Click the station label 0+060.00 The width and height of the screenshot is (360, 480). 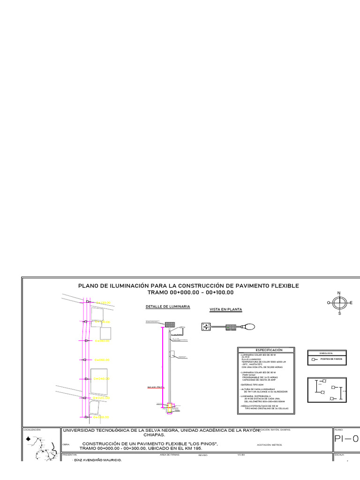[102, 360]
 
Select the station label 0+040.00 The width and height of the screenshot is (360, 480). [101, 379]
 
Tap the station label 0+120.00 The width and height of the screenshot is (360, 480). [104, 303]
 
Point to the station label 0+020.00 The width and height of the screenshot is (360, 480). [101, 398]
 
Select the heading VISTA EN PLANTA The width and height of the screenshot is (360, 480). [225, 310]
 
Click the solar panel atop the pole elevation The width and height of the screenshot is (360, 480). [170, 324]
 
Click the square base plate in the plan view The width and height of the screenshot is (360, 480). [206, 327]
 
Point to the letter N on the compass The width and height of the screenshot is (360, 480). [339, 293]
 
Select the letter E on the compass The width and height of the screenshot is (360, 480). [351, 303]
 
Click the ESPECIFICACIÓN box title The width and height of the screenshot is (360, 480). [269, 350]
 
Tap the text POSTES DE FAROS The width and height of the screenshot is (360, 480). [331, 359]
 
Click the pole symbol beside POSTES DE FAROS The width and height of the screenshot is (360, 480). [314, 359]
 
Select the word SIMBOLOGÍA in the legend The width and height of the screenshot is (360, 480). [326, 353]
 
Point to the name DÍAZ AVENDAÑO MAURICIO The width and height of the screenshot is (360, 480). [98, 460]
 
